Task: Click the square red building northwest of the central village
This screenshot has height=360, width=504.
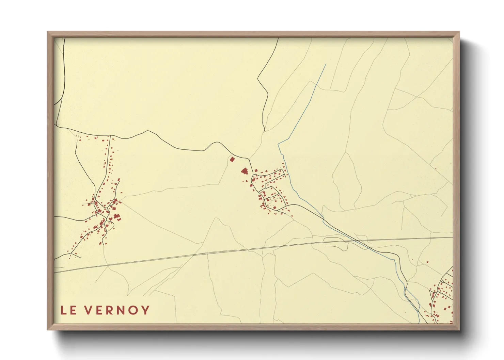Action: click(x=232, y=159)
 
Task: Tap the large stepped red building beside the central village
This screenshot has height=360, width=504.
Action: click(x=244, y=171)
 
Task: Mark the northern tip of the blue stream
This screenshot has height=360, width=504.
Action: click(x=326, y=64)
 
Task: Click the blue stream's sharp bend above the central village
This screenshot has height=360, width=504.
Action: click(x=278, y=143)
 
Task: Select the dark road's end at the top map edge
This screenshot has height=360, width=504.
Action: click(x=278, y=38)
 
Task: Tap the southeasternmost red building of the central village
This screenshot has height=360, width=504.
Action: click(x=292, y=216)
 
